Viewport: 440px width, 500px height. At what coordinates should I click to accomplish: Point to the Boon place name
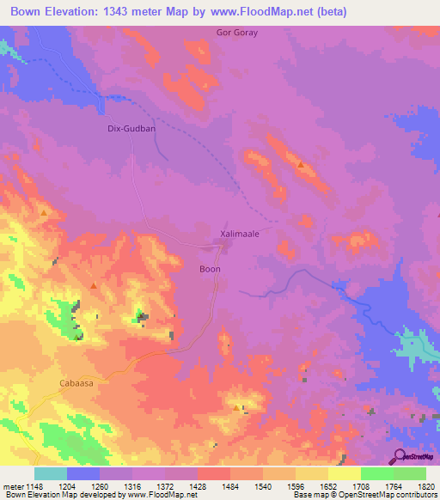210,269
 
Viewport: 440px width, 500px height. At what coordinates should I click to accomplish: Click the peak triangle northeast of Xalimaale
300,164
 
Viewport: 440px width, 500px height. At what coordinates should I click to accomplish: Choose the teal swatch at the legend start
51,473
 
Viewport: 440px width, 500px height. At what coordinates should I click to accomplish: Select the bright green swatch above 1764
376,473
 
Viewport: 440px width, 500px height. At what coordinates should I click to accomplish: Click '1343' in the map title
125,12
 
